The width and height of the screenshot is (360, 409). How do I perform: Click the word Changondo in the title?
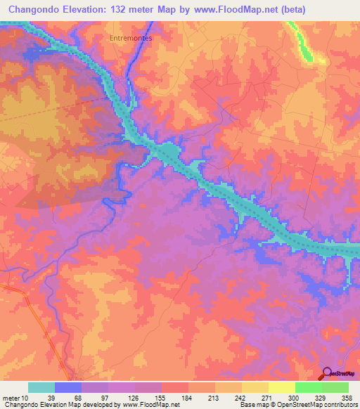coord(34,8)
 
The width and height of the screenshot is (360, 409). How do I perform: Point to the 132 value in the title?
coord(120,8)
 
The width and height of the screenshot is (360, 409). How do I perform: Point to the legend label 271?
coord(255,398)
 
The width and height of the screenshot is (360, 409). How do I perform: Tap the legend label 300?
coord(282,398)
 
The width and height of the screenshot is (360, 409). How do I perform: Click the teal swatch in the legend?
coord(41,387)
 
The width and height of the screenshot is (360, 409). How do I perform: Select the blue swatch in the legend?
coord(68,387)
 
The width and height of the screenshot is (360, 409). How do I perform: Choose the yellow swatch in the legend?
coord(282,387)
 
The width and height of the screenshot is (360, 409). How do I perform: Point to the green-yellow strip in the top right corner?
coord(304,42)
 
